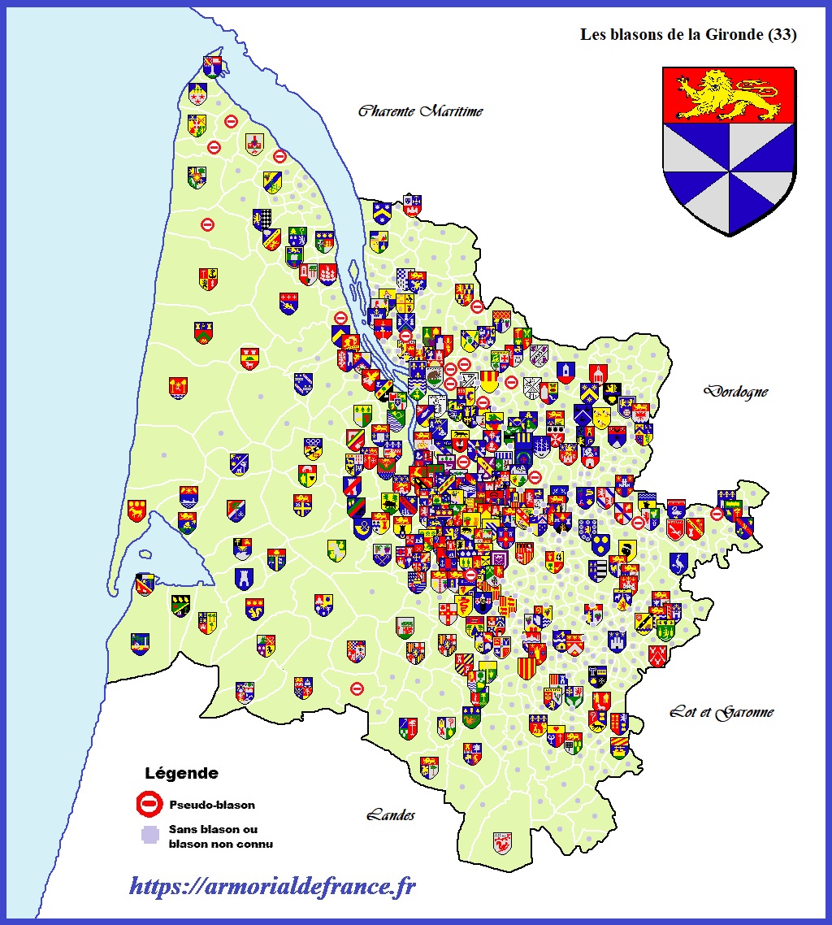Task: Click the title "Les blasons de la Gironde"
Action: [675, 35]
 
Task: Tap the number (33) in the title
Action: [783, 35]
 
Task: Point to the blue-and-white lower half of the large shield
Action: [728, 175]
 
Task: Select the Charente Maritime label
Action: [420, 111]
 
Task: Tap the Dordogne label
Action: [735, 392]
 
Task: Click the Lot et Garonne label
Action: [721, 713]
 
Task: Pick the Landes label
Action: [391, 814]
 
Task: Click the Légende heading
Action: [181, 773]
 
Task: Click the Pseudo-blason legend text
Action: [212, 806]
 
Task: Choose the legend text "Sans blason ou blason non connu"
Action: [220, 837]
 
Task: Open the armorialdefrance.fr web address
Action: [272, 886]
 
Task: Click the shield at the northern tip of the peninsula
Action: [213, 67]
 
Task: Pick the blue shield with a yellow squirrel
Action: [254, 608]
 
